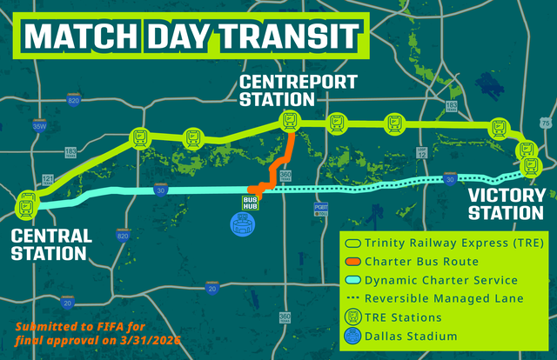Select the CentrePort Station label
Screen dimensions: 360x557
(x=287, y=90)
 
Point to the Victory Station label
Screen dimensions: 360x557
(x=506, y=203)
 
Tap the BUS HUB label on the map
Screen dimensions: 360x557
(x=251, y=202)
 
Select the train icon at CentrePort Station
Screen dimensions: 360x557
(x=288, y=122)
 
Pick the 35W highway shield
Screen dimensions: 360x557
(x=37, y=127)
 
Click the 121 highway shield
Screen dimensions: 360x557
(x=48, y=179)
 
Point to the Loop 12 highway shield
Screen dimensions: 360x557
(x=422, y=152)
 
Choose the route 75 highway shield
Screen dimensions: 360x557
(x=545, y=123)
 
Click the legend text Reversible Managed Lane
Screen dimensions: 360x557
(x=443, y=299)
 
